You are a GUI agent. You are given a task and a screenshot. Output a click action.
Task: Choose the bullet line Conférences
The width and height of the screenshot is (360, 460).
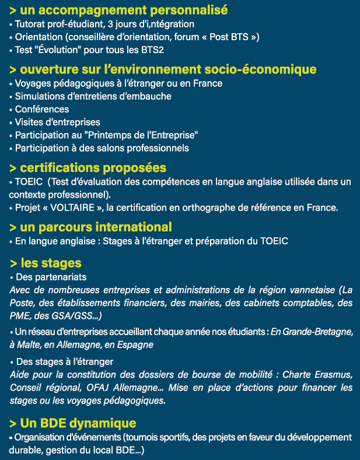(42, 109)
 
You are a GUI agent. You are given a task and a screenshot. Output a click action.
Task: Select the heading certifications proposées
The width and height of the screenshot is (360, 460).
(92, 168)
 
